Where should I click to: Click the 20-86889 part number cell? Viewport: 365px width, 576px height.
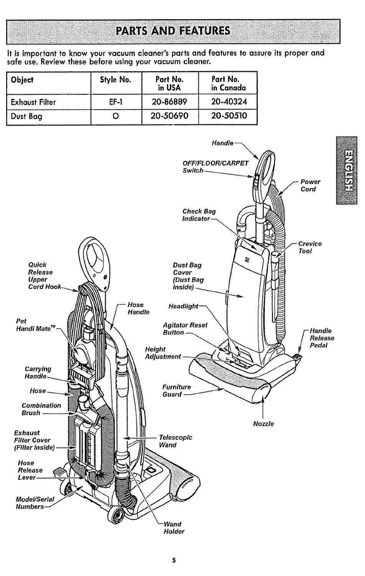point(169,102)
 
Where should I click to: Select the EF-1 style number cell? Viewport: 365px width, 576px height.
point(116,102)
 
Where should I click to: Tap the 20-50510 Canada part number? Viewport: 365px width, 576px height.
point(229,116)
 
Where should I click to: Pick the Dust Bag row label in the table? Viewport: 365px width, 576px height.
point(26,117)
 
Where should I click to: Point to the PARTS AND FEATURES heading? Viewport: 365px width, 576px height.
point(173,31)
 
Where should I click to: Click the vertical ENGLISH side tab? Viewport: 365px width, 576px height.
point(346,170)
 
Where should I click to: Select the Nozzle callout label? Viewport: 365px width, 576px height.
point(263,424)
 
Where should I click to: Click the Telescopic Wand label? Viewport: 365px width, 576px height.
point(176,441)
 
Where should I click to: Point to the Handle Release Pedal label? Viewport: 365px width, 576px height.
point(322,338)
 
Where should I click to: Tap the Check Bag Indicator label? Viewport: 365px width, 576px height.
point(199,215)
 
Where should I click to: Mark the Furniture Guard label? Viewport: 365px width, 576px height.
point(177,391)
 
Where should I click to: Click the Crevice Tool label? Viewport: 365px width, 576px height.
point(310,247)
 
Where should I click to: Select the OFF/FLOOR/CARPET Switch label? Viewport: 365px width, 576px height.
point(216,167)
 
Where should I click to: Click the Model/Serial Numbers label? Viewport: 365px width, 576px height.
point(35,503)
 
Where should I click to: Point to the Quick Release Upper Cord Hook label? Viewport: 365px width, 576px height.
point(45,275)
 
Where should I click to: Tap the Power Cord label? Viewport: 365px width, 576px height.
point(310,185)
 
